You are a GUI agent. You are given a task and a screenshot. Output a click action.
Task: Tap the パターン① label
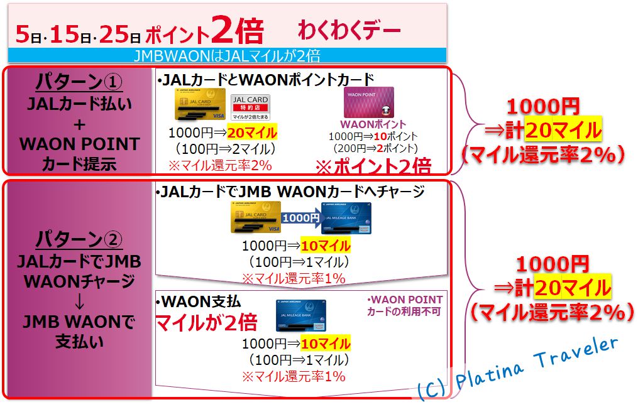(x=78, y=82)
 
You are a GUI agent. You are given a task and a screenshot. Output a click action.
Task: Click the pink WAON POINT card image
(x=368, y=102)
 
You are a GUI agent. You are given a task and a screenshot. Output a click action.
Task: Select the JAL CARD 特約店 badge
(x=250, y=107)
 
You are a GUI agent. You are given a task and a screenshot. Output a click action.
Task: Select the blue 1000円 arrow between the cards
(x=300, y=218)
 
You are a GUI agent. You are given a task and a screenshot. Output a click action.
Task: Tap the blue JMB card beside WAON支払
(x=300, y=315)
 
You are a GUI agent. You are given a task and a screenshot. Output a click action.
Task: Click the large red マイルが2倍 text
(x=206, y=323)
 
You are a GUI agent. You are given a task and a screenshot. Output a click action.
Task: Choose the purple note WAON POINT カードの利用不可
(x=405, y=306)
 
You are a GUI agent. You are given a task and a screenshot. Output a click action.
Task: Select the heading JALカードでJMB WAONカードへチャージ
(x=290, y=192)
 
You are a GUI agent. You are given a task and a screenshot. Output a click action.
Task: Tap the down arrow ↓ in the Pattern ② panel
(x=79, y=303)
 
